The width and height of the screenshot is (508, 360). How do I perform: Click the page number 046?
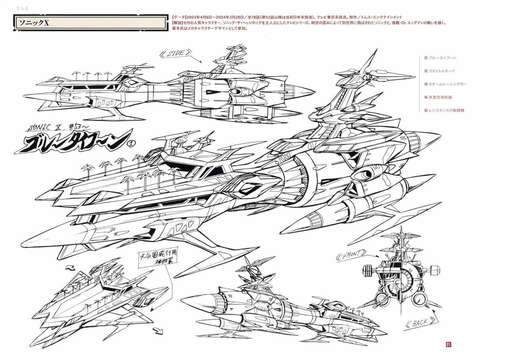point(22,8)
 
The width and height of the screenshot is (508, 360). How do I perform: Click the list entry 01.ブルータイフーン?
point(440,58)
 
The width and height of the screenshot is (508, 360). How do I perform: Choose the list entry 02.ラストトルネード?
point(439,71)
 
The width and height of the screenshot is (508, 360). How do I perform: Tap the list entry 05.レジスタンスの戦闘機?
point(444,110)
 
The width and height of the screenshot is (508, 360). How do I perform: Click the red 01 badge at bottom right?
point(448,344)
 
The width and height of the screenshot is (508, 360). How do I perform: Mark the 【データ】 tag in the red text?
point(179,17)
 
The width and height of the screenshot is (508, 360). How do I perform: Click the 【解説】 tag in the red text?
point(179,23)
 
